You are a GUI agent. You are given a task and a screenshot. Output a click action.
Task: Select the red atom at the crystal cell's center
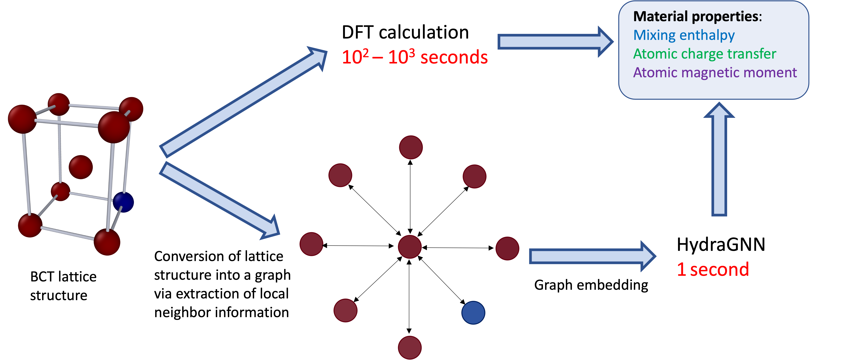(81, 167)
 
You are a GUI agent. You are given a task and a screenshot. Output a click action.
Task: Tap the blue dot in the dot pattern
(473, 313)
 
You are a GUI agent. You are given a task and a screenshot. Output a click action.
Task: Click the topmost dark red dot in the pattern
(411, 147)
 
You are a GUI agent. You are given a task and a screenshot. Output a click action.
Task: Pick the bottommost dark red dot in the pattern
(410, 348)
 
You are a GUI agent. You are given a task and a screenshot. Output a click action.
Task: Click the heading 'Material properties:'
(697, 16)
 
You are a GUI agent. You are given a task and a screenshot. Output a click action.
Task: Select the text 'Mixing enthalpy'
(684, 35)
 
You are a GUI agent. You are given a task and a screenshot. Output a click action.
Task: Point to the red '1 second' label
(713, 269)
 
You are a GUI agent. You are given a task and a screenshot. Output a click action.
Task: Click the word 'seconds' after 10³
(454, 57)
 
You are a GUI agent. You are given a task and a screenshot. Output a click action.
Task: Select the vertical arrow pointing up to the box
(719, 160)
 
